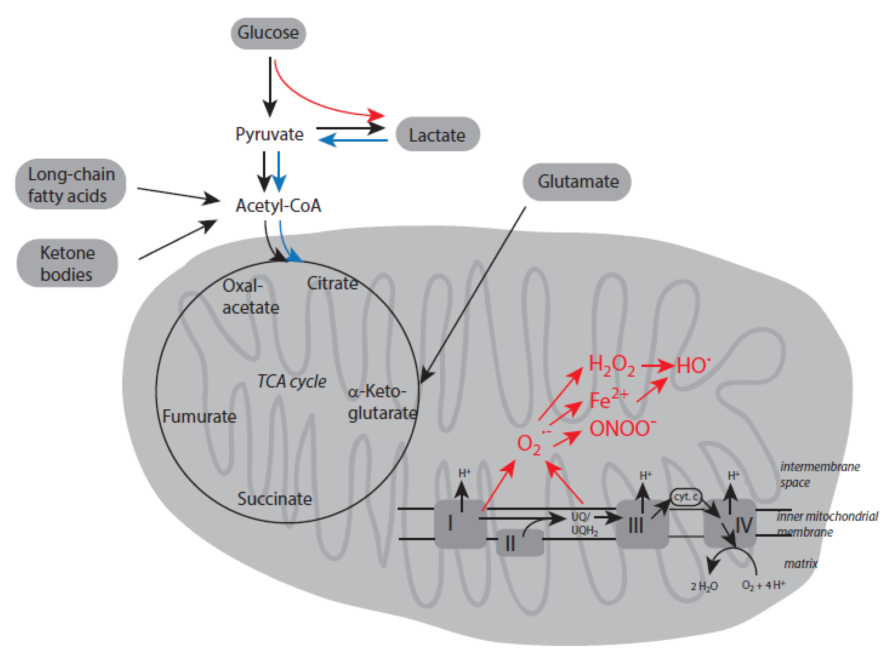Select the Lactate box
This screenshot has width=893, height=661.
(x=437, y=135)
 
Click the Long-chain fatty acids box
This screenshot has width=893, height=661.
(x=71, y=185)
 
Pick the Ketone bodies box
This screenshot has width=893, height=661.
(x=67, y=263)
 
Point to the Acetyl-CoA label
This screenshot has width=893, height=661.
(x=278, y=206)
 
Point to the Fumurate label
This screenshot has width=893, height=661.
(x=199, y=416)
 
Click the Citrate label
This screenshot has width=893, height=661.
(x=332, y=283)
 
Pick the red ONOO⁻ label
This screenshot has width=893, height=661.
(x=622, y=429)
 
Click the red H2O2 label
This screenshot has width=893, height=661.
(x=611, y=365)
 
